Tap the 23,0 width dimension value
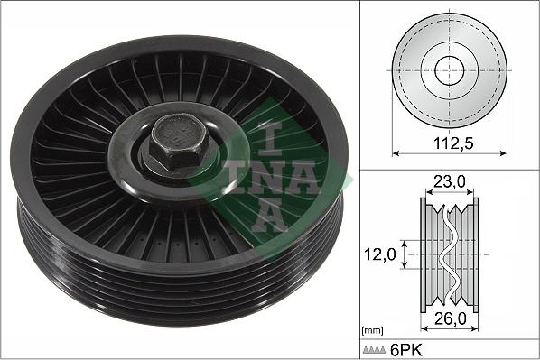click(x=449, y=181)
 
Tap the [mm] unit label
click(x=370, y=331)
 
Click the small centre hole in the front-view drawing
click(x=448, y=69)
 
